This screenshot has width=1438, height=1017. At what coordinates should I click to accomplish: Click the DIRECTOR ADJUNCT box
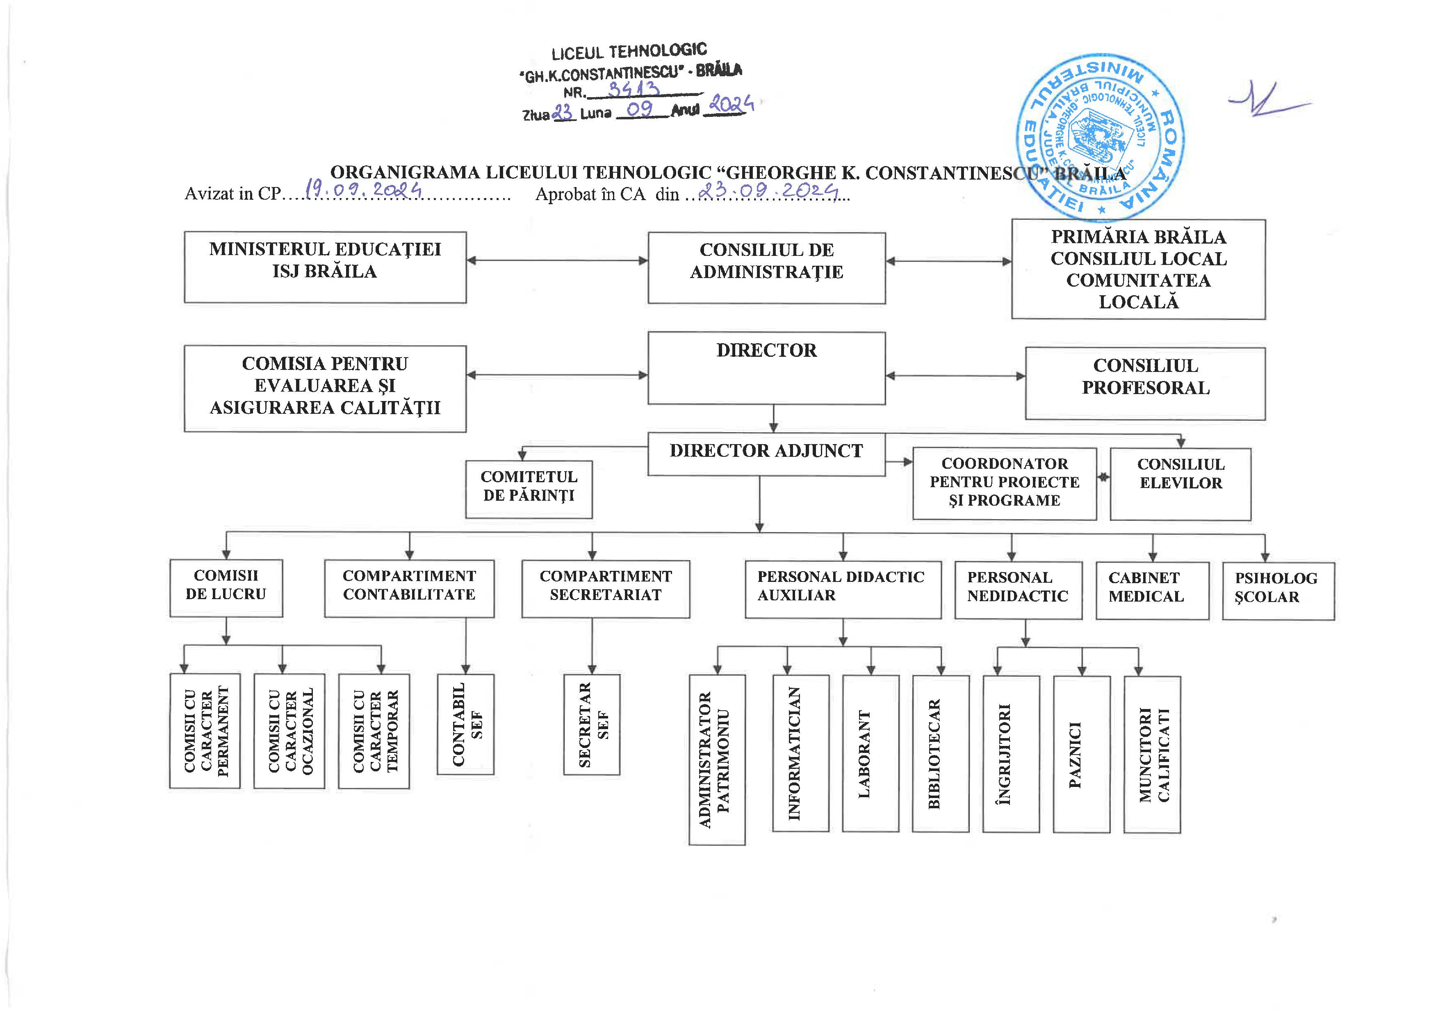(766, 454)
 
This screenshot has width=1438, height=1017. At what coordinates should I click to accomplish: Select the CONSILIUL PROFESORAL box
(1145, 383)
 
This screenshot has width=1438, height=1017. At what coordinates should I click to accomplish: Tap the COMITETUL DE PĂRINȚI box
(529, 489)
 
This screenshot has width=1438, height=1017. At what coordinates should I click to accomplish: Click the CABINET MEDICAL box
(1152, 590)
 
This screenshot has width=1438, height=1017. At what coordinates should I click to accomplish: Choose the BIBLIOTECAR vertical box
(940, 753)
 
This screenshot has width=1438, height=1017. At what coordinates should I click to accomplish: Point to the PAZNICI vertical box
(1081, 754)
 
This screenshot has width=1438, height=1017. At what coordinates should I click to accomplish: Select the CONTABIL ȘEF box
(465, 724)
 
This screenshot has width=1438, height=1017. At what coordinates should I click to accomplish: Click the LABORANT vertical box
(870, 753)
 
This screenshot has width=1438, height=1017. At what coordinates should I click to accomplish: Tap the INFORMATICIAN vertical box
(800, 753)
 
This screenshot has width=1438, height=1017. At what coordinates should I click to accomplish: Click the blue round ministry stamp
(1100, 138)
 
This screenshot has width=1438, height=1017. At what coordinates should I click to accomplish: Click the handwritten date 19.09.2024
(363, 189)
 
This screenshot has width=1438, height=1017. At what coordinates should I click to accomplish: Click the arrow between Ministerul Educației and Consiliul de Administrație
(557, 260)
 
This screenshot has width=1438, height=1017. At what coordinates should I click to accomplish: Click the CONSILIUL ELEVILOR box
(1180, 483)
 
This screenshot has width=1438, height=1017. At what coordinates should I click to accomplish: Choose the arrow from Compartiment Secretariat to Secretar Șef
(592, 645)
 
